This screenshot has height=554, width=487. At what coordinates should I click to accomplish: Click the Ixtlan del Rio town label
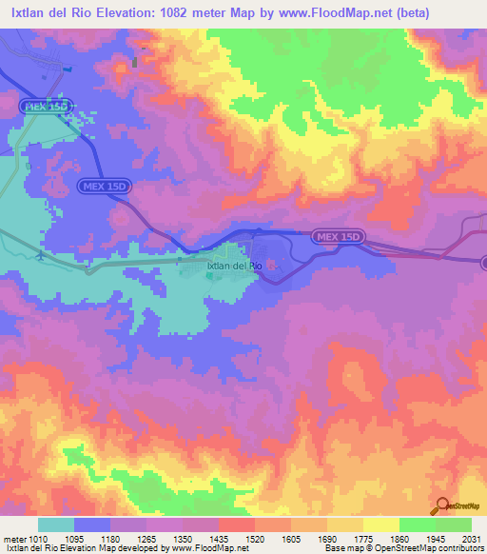(234, 266)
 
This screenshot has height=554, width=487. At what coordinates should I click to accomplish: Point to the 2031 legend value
(471, 538)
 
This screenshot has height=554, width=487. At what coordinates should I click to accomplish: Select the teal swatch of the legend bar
(56, 524)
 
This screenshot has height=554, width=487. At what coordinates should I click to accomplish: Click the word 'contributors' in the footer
(457, 548)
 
